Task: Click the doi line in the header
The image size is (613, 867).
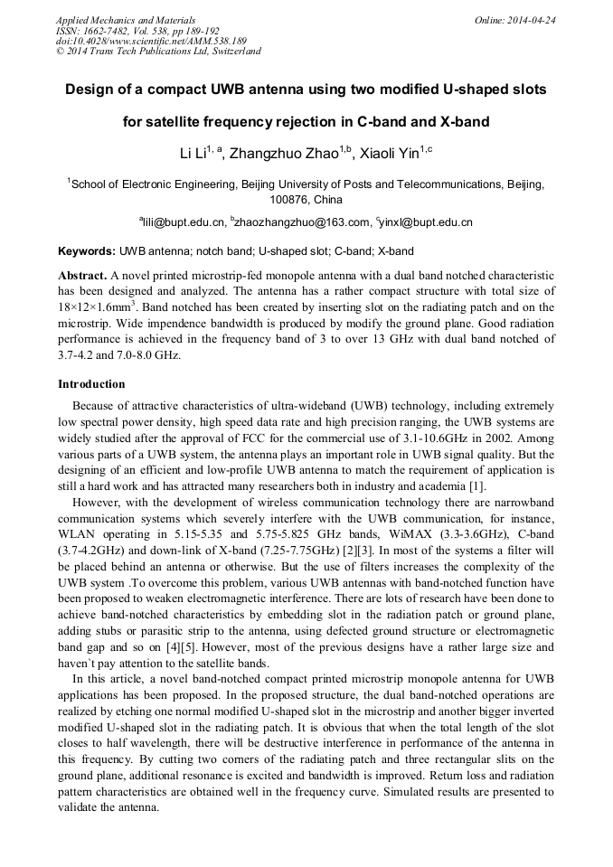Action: (x=151, y=41)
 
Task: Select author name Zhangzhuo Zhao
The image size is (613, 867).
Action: (x=283, y=153)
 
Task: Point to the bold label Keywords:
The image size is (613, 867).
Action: (x=87, y=250)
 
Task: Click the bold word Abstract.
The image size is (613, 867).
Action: (x=82, y=274)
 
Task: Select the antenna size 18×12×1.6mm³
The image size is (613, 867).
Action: (x=97, y=307)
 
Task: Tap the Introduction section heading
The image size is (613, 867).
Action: (x=91, y=384)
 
